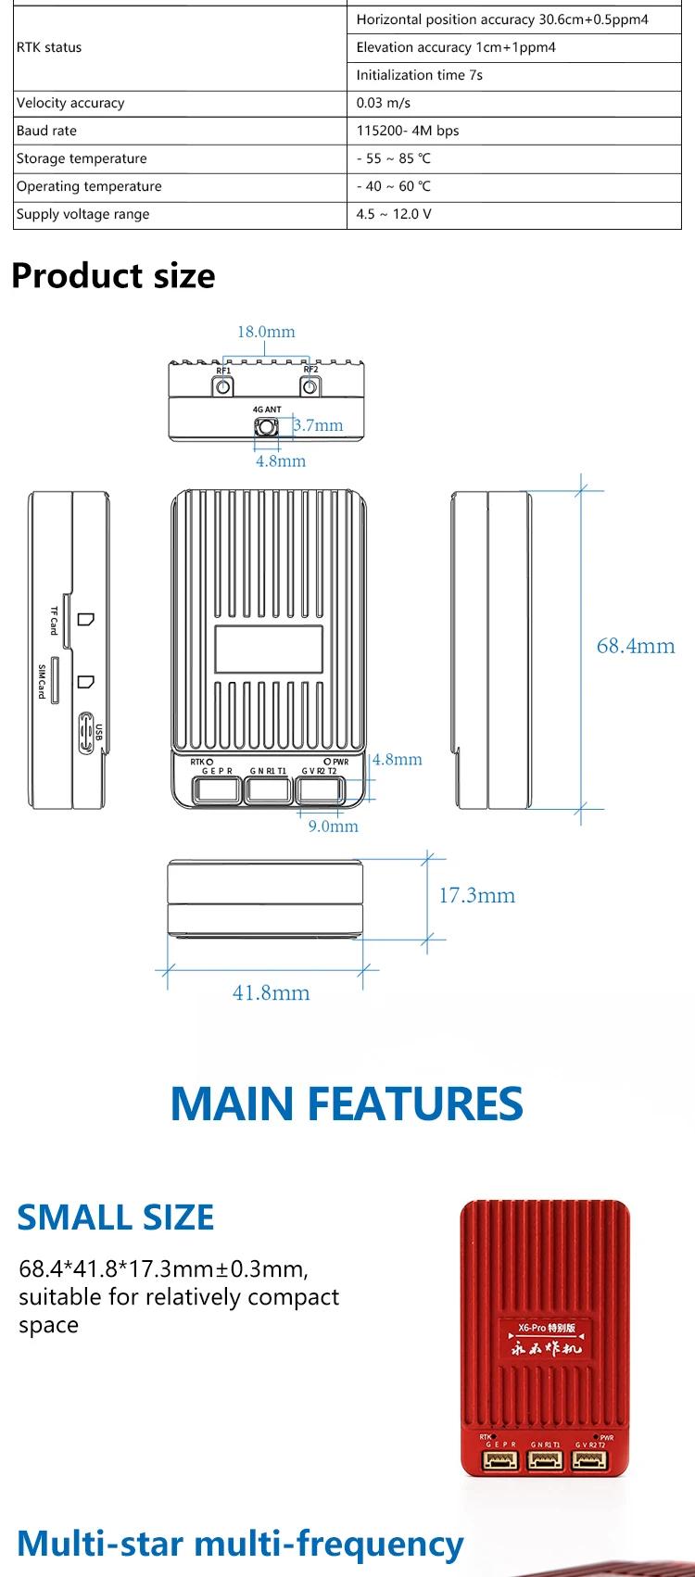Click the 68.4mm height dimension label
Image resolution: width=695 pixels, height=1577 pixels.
pyautogui.click(x=635, y=646)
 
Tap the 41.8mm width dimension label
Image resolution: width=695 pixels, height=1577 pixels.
pyautogui.click(x=272, y=992)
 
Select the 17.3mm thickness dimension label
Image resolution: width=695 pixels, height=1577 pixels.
pyautogui.click(x=476, y=895)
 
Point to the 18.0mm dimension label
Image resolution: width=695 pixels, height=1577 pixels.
pyautogui.click(x=266, y=332)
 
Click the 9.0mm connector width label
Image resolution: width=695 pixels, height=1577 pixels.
pyautogui.click(x=333, y=826)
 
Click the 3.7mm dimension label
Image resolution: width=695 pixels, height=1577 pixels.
pyautogui.click(x=318, y=425)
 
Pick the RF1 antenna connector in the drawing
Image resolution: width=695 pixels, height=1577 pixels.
pyautogui.click(x=223, y=386)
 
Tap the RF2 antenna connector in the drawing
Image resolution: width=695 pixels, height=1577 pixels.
pyautogui.click(x=310, y=386)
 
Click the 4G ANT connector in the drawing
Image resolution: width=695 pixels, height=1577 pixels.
pyautogui.click(x=265, y=427)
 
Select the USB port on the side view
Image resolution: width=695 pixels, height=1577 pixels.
pyautogui.click(x=86, y=732)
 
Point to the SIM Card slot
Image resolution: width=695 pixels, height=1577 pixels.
pyautogui.click(x=55, y=682)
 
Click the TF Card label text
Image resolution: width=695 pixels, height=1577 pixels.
pyautogui.click(x=53, y=621)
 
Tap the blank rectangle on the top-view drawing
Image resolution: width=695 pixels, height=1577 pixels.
pyautogui.click(x=269, y=650)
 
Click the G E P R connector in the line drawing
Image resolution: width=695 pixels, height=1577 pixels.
pyautogui.click(x=217, y=790)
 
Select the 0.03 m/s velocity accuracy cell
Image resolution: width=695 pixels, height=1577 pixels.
pyautogui.click(x=383, y=103)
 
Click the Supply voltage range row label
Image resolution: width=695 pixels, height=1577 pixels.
pyautogui.click(x=83, y=214)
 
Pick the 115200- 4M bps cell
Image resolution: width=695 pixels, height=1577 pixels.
pyautogui.click(x=408, y=131)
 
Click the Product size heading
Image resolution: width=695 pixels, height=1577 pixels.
pyautogui.click(x=113, y=275)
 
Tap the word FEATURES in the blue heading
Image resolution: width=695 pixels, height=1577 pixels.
pyautogui.click(x=415, y=1104)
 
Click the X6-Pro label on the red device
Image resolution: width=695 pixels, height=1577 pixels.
pyautogui.click(x=532, y=1327)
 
